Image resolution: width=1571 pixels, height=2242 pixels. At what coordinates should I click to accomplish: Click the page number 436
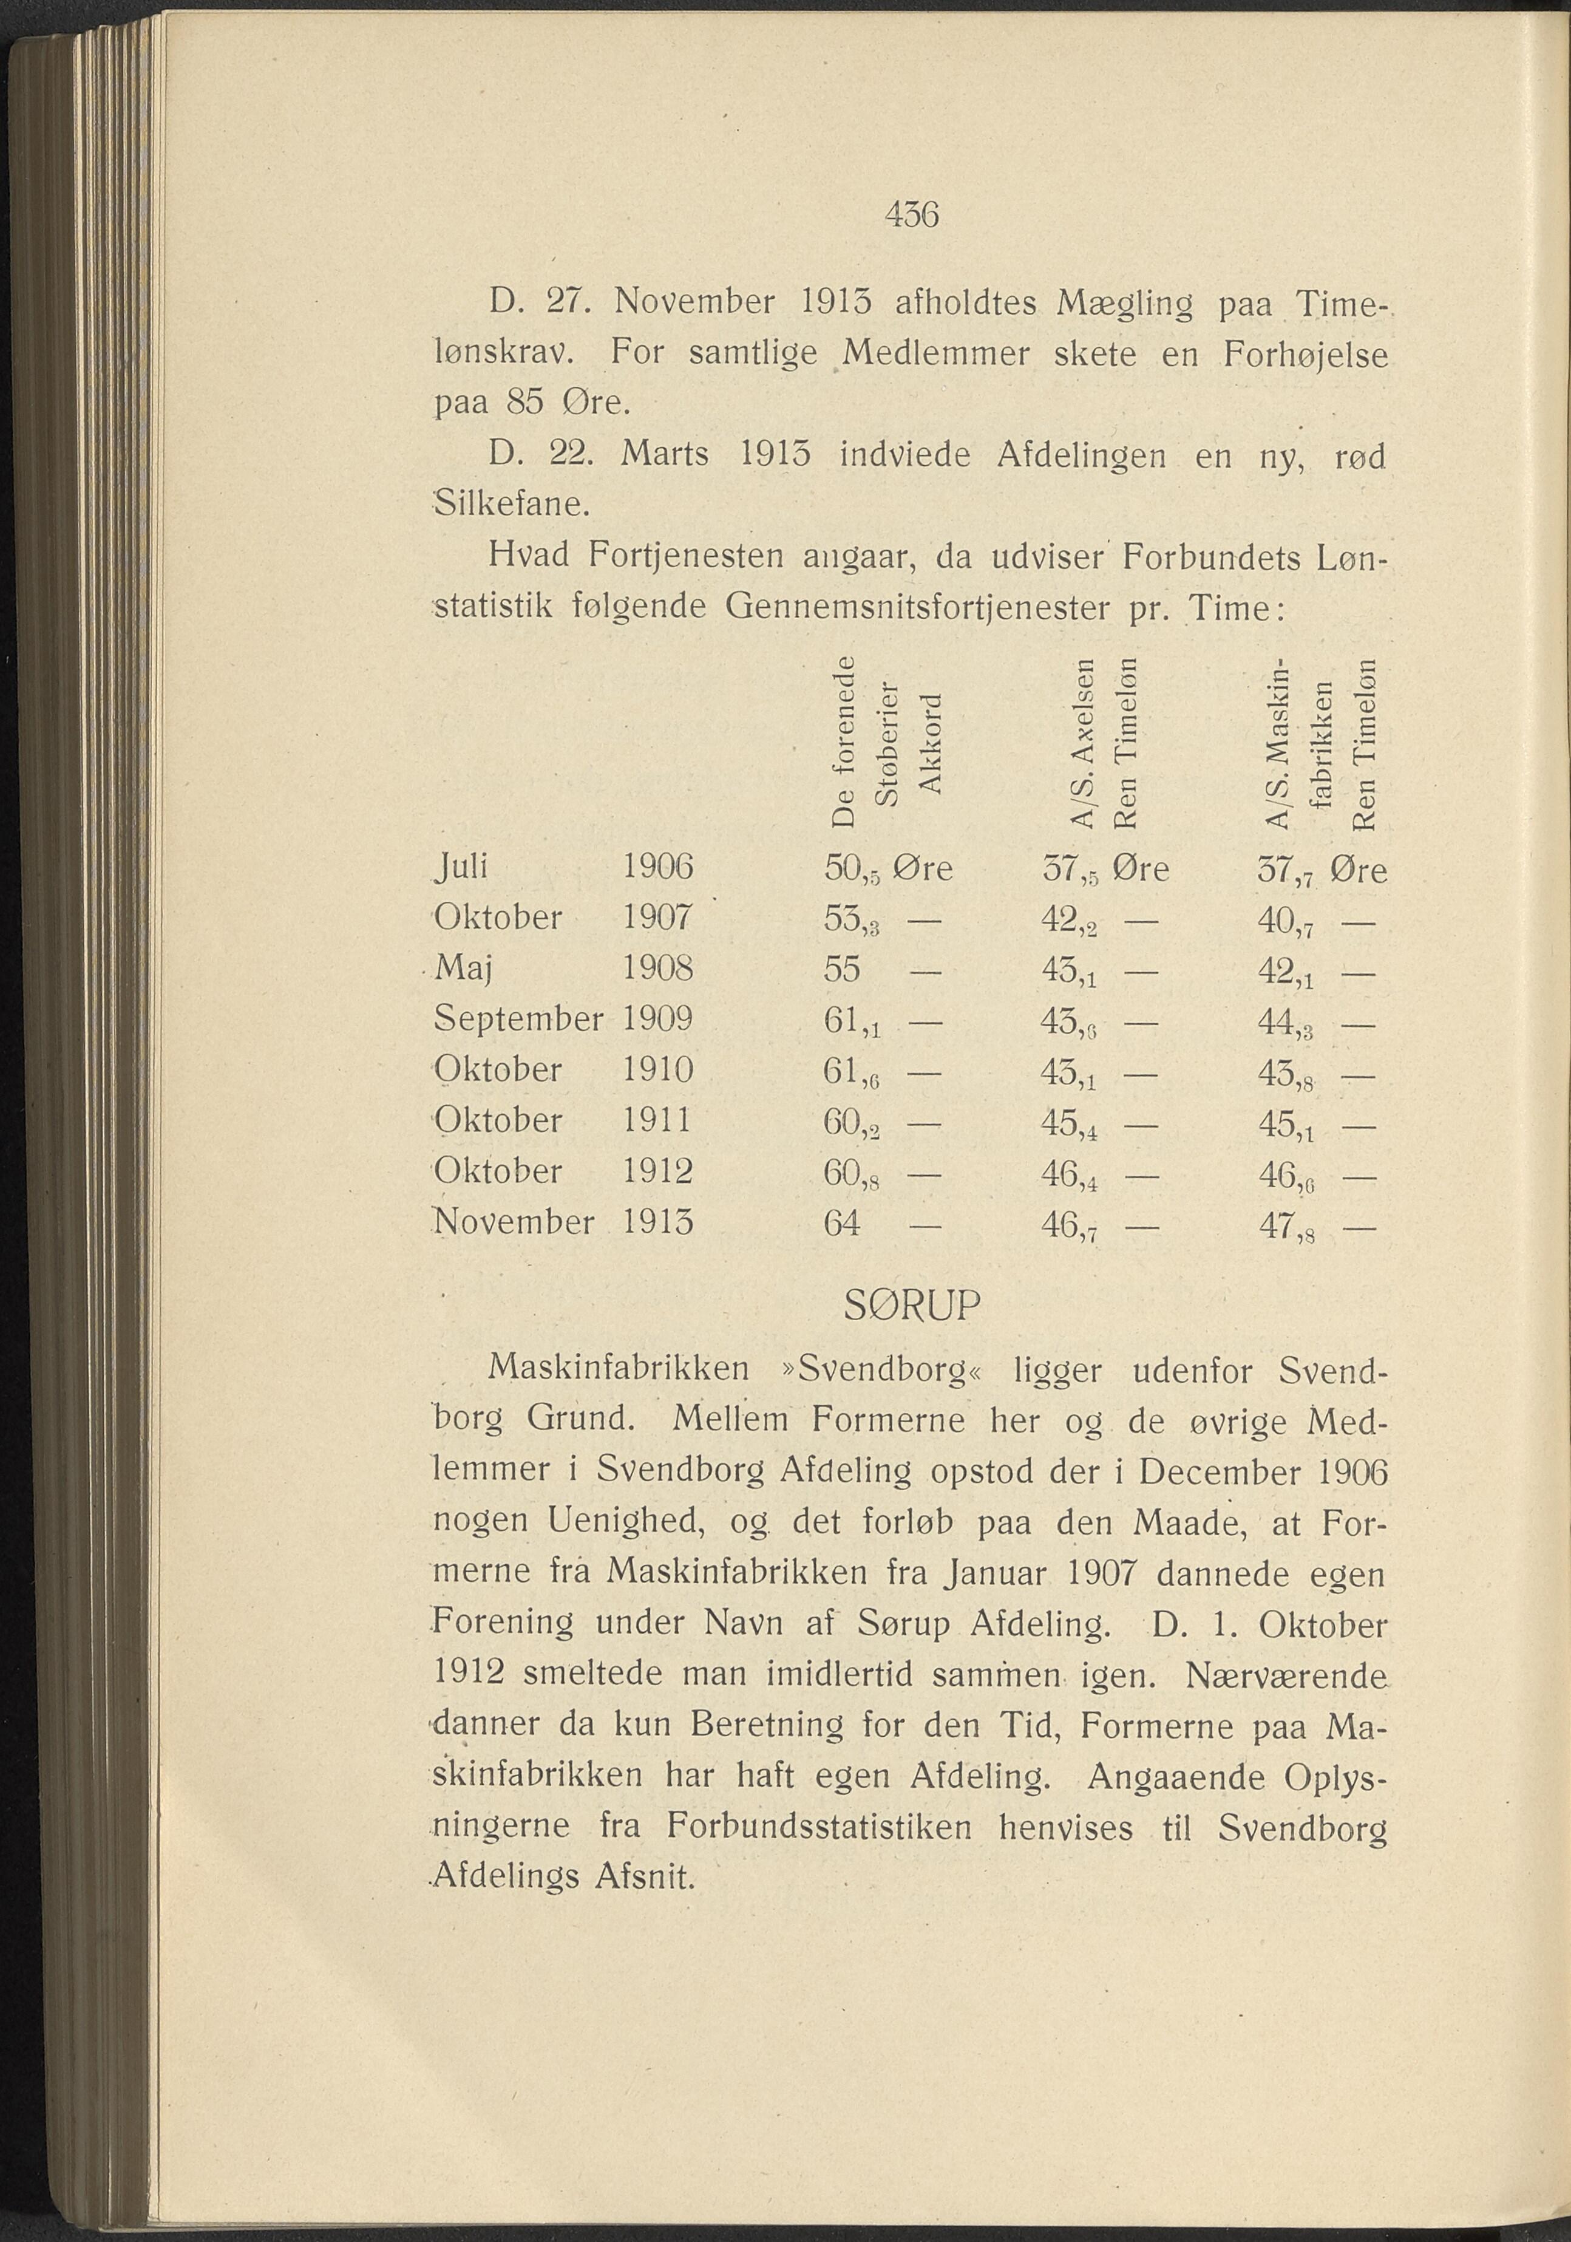coord(910,214)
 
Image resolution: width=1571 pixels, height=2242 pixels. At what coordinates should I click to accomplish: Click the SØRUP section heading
coord(910,1306)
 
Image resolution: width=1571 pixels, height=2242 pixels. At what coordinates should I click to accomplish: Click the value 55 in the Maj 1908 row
coord(841,969)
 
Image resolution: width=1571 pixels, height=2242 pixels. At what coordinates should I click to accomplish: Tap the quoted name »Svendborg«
coord(872,1369)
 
